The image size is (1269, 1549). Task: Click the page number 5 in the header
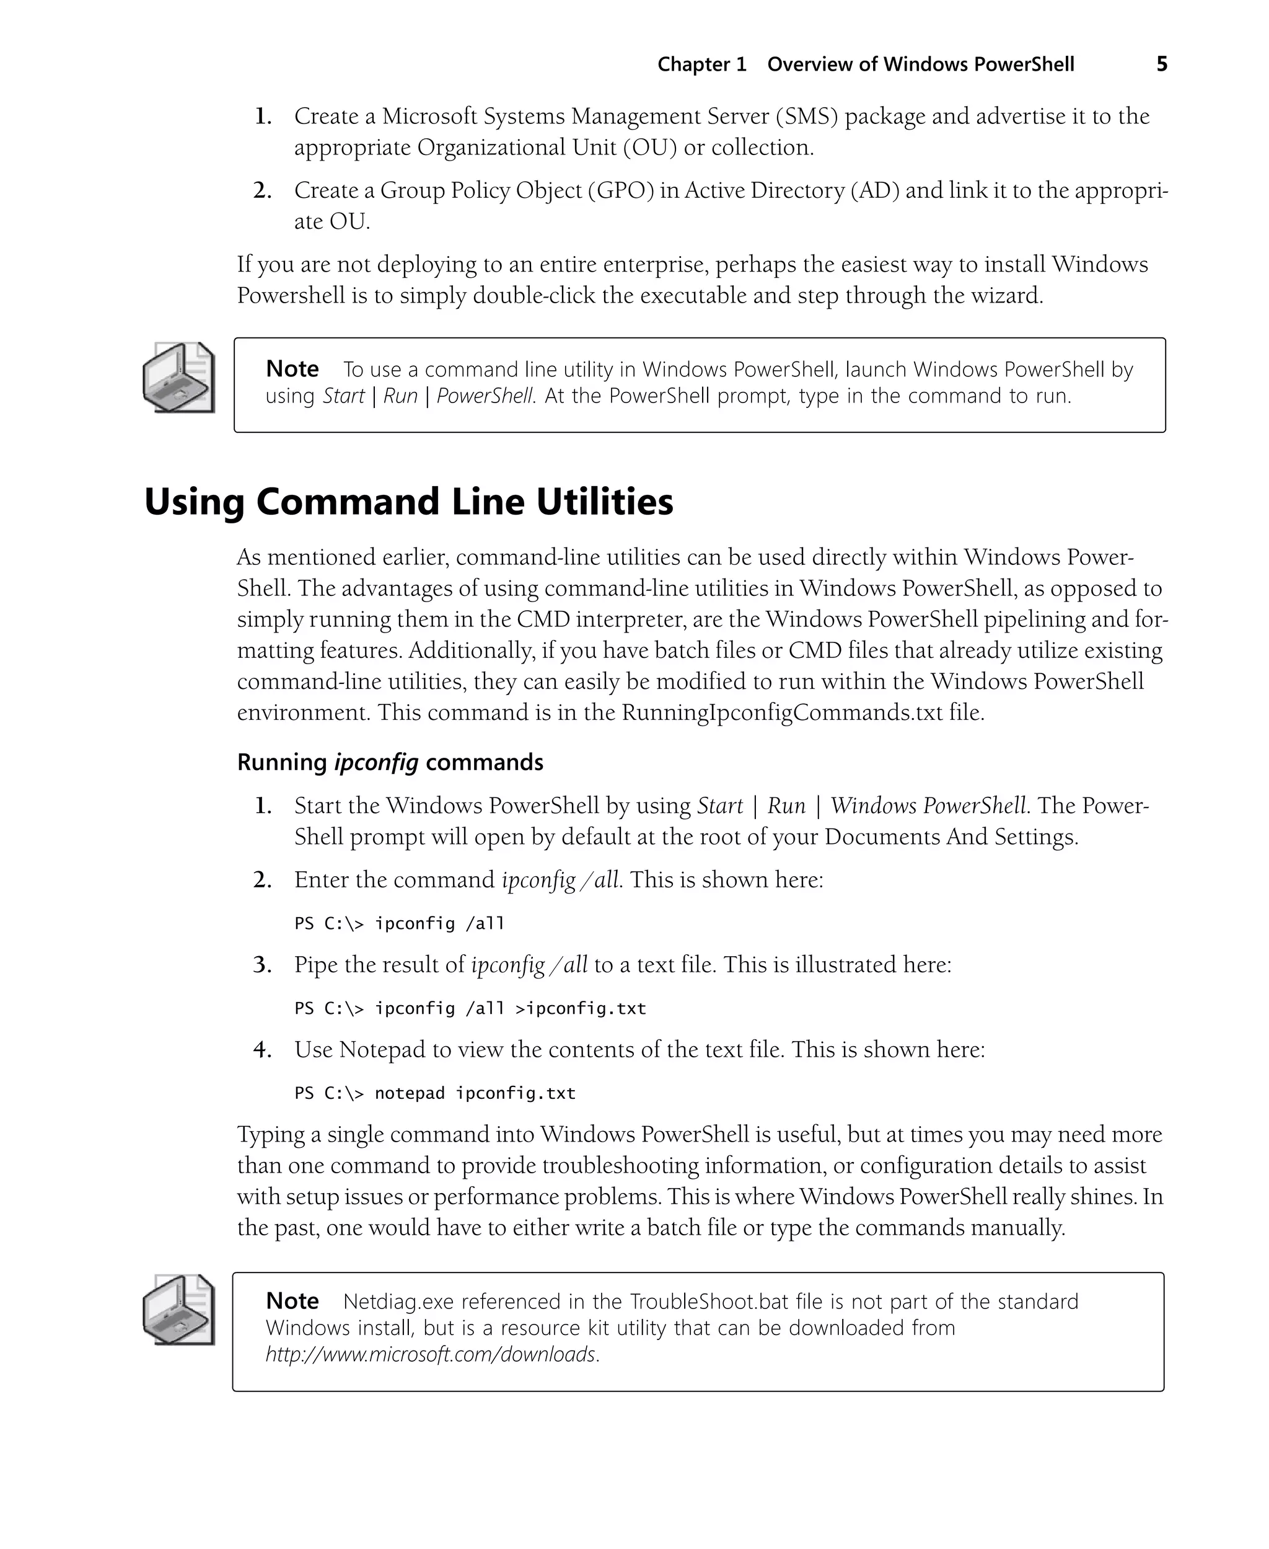[1162, 64]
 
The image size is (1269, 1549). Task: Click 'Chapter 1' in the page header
[702, 64]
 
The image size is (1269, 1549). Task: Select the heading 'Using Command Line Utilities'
[408, 502]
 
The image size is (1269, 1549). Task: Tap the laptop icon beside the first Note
[179, 378]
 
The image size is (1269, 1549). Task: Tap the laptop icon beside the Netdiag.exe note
[179, 1309]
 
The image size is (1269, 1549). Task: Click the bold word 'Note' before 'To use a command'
[292, 368]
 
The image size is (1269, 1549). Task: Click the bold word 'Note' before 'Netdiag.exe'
[292, 1301]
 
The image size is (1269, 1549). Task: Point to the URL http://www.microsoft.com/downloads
[432, 1354]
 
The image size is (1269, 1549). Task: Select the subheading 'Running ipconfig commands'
[390, 762]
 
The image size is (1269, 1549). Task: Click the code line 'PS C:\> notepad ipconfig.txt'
[435, 1093]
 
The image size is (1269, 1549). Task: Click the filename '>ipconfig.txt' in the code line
[581, 1008]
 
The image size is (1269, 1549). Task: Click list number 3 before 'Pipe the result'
[263, 965]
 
